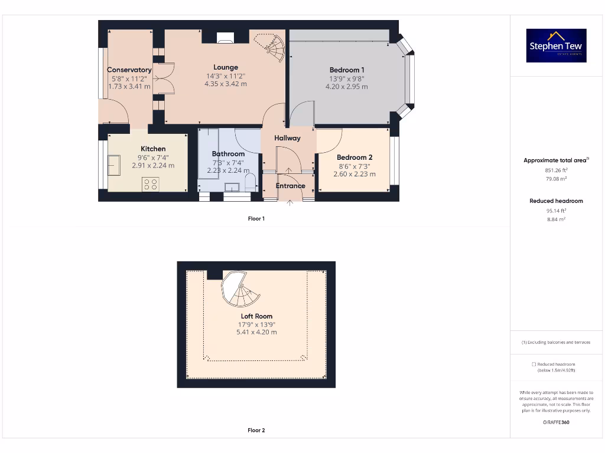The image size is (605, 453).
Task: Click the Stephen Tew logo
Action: (556, 46)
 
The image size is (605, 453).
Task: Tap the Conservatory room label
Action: (129, 70)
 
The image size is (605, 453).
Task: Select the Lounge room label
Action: (226, 67)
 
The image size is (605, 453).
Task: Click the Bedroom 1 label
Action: (347, 70)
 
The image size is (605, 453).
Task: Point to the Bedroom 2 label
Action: (354, 157)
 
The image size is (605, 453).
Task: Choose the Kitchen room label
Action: (153, 149)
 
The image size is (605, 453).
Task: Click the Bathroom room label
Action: (228, 154)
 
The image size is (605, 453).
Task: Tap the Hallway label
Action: (287, 138)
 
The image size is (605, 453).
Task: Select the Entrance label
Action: (290, 186)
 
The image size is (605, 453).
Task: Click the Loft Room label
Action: (256, 316)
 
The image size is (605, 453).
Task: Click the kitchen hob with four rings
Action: (150, 185)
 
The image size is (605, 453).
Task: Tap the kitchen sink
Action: (114, 165)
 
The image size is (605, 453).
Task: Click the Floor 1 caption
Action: (256, 219)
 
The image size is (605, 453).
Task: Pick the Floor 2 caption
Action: (256, 431)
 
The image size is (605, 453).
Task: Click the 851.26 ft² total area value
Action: (555, 170)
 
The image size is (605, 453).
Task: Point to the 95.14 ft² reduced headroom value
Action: (555, 210)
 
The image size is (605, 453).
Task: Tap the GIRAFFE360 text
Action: (555, 422)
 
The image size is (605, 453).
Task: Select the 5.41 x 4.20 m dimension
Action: (256, 332)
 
